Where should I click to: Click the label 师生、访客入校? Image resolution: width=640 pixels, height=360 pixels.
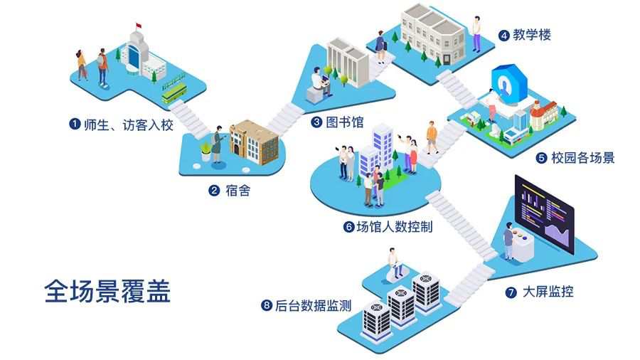click(127, 125)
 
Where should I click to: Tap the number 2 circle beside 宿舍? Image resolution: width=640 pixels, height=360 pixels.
click(213, 191)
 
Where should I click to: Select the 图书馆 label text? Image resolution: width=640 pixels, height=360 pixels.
click(345, 122)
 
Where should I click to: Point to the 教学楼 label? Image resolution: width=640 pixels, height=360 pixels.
click(533, 34)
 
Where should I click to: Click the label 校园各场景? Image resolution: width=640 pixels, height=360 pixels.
click(583, 158)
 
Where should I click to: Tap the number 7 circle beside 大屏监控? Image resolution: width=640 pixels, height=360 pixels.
click(511, 292)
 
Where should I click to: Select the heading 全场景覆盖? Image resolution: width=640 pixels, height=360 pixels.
click(107, 291)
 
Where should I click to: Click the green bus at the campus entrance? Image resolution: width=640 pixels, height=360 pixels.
click(174, 91)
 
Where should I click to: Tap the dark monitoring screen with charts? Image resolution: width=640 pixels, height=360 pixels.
click(544, 212)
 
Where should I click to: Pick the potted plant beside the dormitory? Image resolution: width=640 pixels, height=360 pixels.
click(207, 150)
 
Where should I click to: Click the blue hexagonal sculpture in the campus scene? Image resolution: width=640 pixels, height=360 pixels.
click(506, 85)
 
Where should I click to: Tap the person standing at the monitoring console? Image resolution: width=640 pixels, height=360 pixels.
click(509, 241)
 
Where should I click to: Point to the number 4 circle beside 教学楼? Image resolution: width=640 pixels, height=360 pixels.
click(503, 34)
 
